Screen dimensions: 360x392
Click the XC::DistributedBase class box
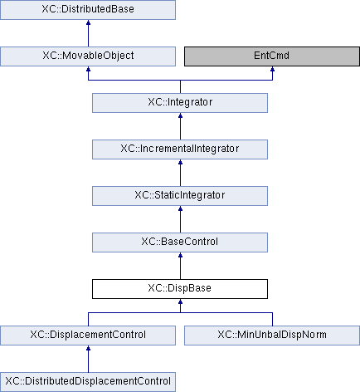[88, 10]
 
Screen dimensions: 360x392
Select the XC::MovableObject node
[88, 56]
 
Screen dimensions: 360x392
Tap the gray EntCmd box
[272, 56]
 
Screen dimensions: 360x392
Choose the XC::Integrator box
[180, 103]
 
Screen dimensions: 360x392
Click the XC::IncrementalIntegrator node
[180, 149]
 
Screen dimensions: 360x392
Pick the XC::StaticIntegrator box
[180, 196]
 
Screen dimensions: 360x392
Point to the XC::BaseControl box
[180, 243]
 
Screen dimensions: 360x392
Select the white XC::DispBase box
[180, 289]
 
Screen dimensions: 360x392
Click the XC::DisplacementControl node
[88, 336]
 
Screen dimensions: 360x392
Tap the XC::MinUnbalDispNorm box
[272, 336]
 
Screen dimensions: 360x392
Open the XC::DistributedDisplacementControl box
[88, 382]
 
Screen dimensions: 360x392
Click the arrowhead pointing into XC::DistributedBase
[88, 22]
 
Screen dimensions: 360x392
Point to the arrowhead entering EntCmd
[272, 69]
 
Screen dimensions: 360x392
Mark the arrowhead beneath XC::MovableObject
[88, 69]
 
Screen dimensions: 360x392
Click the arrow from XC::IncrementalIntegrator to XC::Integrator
[180, 126]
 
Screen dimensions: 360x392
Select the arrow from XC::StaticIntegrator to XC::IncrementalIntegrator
[180, 173]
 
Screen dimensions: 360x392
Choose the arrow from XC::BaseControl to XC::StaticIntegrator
[180, 219]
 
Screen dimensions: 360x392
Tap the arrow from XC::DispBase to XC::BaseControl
[180, 266]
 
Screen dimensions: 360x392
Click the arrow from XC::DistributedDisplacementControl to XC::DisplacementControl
[88, 359]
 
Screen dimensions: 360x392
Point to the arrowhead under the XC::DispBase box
[180, 301]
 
